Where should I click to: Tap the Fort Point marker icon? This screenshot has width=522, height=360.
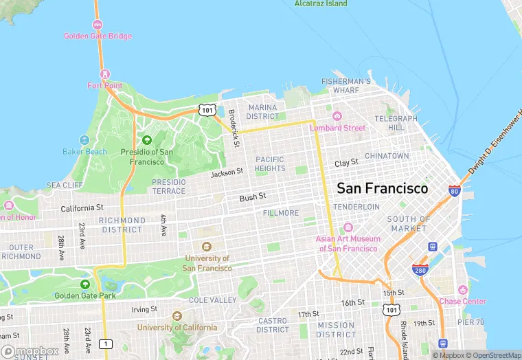click(x=104, y=74)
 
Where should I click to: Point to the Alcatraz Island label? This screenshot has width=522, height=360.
click(x=321, y=3)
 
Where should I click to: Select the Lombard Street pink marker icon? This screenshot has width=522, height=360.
click(x=337, y=115)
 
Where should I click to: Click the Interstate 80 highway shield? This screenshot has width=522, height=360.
click(x=454, y=190)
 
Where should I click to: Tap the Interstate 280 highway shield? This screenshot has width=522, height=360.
click(x=420, y=268)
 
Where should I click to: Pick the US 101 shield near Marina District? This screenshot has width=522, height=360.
click(x=207, y=110)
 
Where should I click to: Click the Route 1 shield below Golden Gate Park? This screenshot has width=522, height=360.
click(x=105, y=343)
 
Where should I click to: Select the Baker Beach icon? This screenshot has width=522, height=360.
click(x=84, y=139)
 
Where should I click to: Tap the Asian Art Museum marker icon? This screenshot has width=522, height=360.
click(x=348, y=227)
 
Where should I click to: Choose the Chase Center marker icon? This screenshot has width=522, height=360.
click(x=463, y=290)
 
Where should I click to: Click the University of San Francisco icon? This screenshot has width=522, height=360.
click(x=207, y=247)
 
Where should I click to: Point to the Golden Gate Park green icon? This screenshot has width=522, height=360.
click(x=85, y=284)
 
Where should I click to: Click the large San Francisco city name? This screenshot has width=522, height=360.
click(x=382, y=188)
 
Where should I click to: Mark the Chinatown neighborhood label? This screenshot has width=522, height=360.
click(x=386, y=156)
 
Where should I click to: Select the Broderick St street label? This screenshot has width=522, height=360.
click(x=234, y=128)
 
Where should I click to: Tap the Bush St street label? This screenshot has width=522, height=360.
click(x=252, y=198)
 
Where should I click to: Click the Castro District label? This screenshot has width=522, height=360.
click(x=273, y=325)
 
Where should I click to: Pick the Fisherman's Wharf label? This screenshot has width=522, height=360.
click(x=345, y=85)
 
